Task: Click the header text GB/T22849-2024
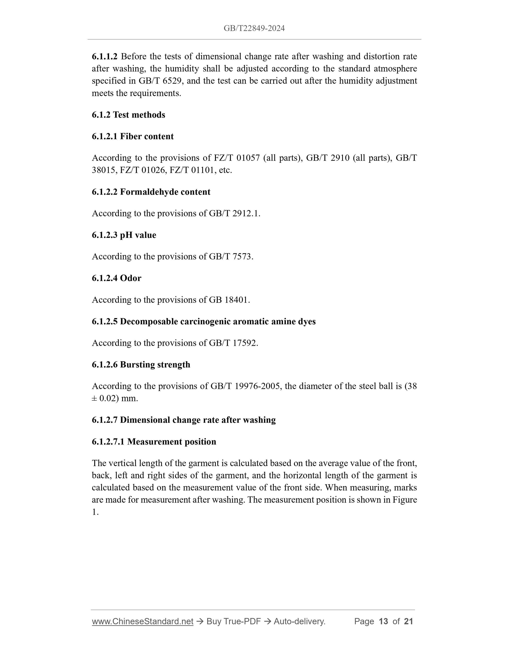pyautogui.click(x=254, y=28)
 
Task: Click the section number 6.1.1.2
pyautogui.click(x=104, y=57)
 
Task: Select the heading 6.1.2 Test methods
pyautogui.click(x=128, y=115)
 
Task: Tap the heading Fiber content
pyautogui.click(x=146, y=136)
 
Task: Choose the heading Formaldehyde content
pyautogui.click(x=165, y=192)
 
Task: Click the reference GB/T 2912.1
pyautogui.click(x=234, y=213)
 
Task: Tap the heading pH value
pyautogui.click(x=138, y=235)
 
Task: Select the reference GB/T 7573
pyautogui.click(x=231, y=256)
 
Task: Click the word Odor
pyautogui.click(x=130, y=278)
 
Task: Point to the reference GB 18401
pyautogui.click(x=229, y=300)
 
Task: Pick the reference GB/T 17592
pyautogui.click(x=233, y=343)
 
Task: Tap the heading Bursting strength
pyautogui.click(x=155, y=365)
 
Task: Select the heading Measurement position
pyautogui.click(x=171, y=442)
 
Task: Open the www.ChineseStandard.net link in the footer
pyautogui.click(x=142, y=621)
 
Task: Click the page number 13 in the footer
pyautogui.click(x=383, y=621)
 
